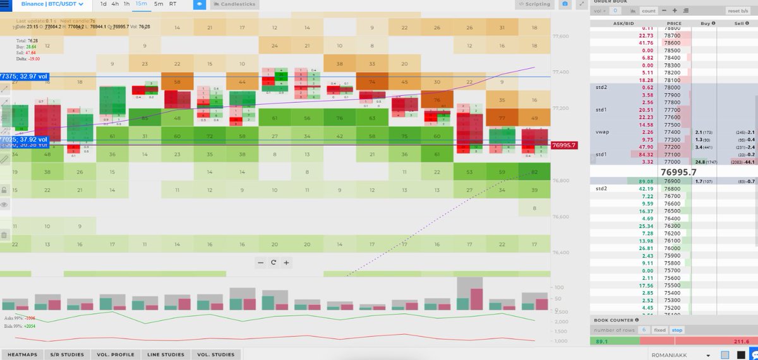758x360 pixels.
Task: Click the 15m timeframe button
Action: pos(141,4)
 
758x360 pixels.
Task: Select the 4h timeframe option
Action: pos(115,4)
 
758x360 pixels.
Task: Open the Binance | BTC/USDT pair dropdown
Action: pos(52,4)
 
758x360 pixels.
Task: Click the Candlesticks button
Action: pos(233,4)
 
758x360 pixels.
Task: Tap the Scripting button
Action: pos(534,4)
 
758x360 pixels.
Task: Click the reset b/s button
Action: pos(737,11)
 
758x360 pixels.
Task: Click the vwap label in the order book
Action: pos(602,131)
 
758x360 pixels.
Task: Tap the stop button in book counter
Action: pos(676,330)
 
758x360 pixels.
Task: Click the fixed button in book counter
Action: pos(659,330)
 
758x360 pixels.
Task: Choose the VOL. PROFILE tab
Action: pos(115,355)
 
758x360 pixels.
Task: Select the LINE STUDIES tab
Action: pos(165,355)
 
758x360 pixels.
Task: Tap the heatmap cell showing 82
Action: pos(534,172)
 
